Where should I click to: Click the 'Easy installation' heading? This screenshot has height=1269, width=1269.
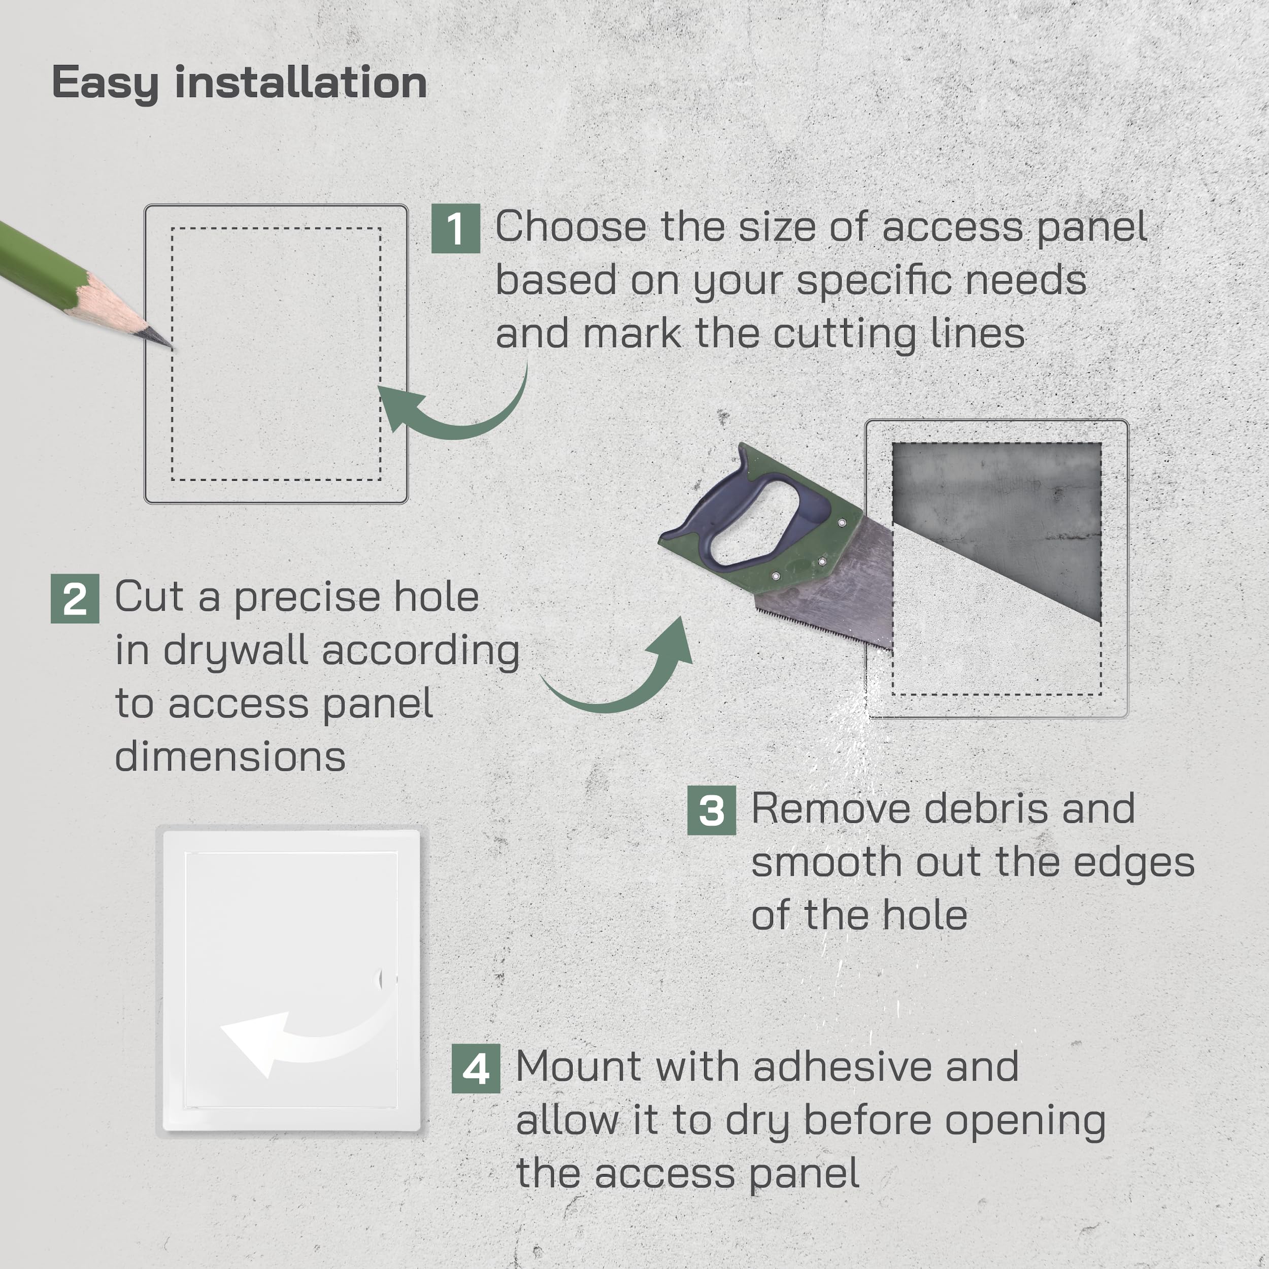click(240, 83)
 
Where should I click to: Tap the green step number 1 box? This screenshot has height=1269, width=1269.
click(455, 228)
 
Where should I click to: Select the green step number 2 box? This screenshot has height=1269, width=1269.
click(75, 598)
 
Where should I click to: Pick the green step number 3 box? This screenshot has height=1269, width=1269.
click(711, 811)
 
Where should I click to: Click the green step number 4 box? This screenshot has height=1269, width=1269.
click(476, 1068)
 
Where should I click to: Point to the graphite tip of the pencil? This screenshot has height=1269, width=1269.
click(172, 347)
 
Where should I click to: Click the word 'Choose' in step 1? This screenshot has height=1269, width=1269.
click(571, 227)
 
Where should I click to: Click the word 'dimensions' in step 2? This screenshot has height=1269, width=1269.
click(230, 757)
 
